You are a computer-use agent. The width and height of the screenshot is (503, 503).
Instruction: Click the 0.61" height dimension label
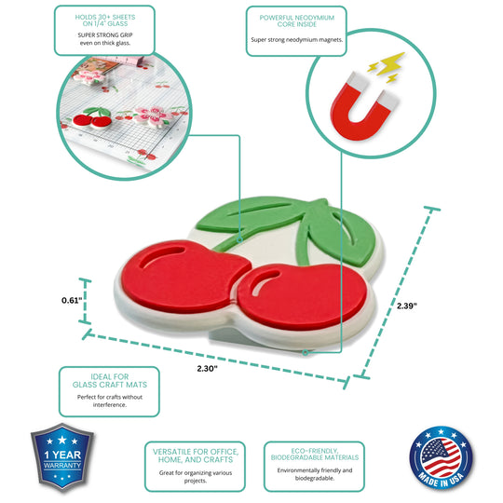click(x=72, y=301)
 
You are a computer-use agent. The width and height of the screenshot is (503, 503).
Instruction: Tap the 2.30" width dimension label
click(x=207, y=369)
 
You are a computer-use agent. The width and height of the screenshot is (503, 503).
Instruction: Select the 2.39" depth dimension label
click(x=407, y=306)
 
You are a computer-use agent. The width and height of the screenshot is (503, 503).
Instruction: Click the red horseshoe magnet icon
click(x=364, y=107)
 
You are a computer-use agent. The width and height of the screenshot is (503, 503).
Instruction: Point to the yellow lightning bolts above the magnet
click(x=387, y=67)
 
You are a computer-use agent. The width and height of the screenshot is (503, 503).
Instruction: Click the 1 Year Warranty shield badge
click(x=62, y=457)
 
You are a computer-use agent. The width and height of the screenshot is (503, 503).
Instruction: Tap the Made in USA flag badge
click(x=442, y=458)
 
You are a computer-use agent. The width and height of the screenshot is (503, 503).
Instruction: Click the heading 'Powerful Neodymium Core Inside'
click(x=297, y=20)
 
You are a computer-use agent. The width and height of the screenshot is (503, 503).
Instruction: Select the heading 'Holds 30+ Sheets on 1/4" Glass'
click(x=105, y=20)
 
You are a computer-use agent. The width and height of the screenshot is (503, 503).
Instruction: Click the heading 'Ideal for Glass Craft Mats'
click(x=110, y=380)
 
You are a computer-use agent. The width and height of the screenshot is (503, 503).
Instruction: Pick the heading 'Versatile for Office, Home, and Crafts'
click(x=196, y=455)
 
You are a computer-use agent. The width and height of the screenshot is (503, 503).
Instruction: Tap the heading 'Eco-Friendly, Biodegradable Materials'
click(x=315, y=455)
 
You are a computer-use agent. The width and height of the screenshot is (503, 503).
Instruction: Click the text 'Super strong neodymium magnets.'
click(x=297, y=40)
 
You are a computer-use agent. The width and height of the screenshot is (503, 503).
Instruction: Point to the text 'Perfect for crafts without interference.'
click(x=110, y=401)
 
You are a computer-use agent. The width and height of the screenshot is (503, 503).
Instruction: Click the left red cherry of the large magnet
click(x=184, y=276)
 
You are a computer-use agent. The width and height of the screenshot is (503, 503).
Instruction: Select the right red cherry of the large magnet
click(x=302, y=297)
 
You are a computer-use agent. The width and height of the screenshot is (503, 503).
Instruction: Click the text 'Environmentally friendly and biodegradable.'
click(x=315, y=474)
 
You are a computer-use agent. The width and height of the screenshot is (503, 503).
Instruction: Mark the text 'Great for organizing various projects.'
click(x=196, y=477)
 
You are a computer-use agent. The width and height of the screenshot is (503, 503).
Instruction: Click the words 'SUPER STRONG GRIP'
click(x=105, y=35)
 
